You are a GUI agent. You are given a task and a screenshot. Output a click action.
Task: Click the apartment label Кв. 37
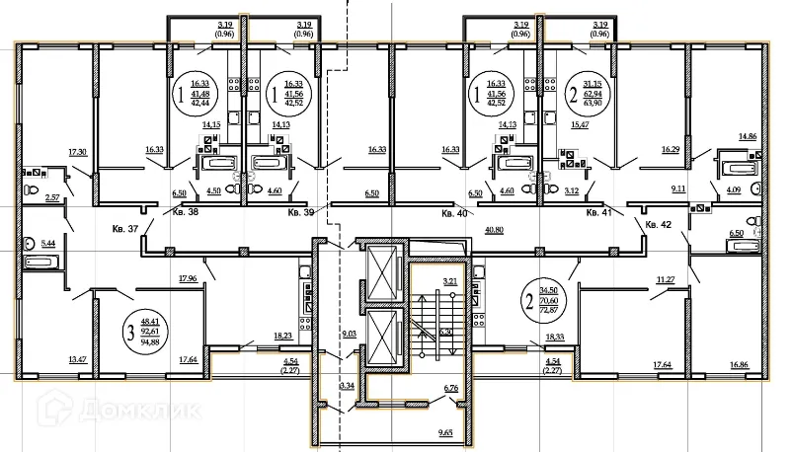click(x=127, y=228)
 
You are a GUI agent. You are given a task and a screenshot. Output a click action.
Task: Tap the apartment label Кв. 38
click(x=186, y=212)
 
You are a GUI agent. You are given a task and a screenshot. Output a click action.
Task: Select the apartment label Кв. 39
click(x=300, y=212)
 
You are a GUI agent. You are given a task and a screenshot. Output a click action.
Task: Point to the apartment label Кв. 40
click(x=454, y=212)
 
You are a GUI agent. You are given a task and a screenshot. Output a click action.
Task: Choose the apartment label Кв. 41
click(x=599, y=212)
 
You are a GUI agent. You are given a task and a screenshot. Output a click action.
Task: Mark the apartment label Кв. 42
click(x=659, y=226)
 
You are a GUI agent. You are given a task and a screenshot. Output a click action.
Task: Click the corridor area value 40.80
click(x=496, y=229)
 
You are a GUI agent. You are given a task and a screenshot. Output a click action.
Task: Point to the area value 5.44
click(x=47, y=240)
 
